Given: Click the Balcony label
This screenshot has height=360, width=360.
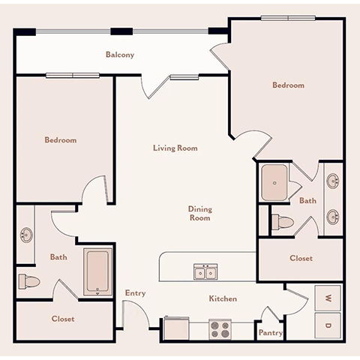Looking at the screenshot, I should (x=120, y=54).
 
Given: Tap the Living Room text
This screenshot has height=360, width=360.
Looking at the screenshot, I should (x=175, y=148).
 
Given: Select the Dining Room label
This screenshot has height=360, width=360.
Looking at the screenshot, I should (x=199, y=214).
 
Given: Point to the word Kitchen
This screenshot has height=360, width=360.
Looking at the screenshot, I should (x=223, y=298).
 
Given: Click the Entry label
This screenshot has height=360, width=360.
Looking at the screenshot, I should (x=136, y=293).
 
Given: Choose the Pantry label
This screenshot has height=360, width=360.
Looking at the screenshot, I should (x=269, y=332).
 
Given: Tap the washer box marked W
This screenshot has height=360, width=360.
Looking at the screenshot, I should (x=328, y=298).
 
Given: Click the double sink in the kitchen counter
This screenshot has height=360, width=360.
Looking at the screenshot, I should (x=203, y=272).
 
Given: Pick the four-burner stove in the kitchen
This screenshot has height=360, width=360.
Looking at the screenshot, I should (x=220, y=328).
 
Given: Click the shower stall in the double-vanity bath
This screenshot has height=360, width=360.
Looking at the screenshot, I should (x=277, y=182).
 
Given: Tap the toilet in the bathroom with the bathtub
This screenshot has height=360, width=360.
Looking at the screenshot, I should (x=28, y=281).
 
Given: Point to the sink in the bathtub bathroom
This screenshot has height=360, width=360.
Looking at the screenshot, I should (x=25, y=235).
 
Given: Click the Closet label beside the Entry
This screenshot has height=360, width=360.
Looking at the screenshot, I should (x=63, y=319).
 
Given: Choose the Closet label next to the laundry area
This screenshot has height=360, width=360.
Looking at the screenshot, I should (x=301, y=258).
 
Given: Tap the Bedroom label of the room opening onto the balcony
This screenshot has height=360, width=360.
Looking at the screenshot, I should (x=288, y=85).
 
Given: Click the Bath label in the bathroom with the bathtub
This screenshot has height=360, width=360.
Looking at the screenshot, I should (x=58, y=257).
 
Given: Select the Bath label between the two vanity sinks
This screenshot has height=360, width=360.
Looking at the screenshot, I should (x=307, y=201).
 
